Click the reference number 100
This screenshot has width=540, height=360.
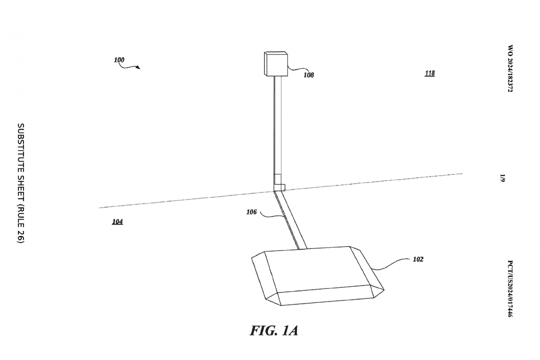coord(119,60)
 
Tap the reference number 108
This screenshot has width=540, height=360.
coord(308,75)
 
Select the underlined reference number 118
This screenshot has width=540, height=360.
coord(430,73)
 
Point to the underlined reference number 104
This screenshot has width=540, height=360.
coord(117,221)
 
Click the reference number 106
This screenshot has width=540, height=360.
coord(252,211)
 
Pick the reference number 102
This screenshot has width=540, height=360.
coord(418,259)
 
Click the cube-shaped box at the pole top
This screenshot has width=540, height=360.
coord(275,64)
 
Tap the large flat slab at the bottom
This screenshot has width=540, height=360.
coord(315,274)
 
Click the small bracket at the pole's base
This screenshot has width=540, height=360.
coord(280,187)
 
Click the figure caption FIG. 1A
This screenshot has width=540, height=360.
coord(274,331)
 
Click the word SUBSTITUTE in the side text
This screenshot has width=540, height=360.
coord(20,148)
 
